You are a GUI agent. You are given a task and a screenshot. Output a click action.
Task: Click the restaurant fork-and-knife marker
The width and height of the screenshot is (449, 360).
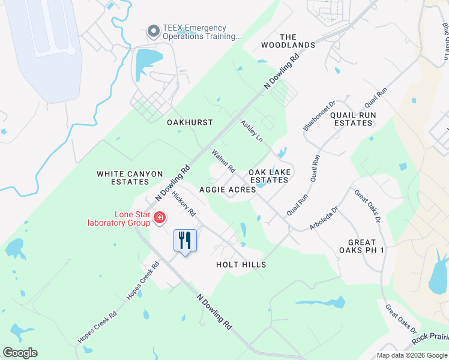[x=185, y=241]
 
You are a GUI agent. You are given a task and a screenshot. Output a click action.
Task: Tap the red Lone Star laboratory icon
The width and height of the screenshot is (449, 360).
[x=160, y=217]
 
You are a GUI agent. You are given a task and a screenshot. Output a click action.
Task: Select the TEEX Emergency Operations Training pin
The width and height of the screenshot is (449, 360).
[x=153, y=30]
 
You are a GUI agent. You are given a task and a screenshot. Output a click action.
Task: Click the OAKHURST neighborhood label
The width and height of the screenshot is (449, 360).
[x=190, y=122]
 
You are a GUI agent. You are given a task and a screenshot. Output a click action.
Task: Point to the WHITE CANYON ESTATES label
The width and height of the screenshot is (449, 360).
[x=130, y=178]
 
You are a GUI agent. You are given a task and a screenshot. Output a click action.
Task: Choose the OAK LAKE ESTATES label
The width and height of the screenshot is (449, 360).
[x=270, y=176]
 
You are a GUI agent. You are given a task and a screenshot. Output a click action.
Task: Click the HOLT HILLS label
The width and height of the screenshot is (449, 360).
[x=241, y=265]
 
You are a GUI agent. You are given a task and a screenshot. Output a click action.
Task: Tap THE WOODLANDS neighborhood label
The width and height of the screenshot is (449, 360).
[x=288, y=41]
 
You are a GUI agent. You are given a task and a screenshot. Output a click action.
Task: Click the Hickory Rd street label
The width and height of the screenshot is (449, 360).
[x=184, y=204]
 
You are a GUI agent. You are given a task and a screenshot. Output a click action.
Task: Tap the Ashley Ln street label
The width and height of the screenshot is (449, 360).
[x=252, y=131]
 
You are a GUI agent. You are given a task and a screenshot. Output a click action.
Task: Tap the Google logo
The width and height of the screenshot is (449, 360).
[x=20, y=353]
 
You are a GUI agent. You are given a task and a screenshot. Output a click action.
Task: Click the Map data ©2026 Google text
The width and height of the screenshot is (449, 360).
[x=411, y=355]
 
